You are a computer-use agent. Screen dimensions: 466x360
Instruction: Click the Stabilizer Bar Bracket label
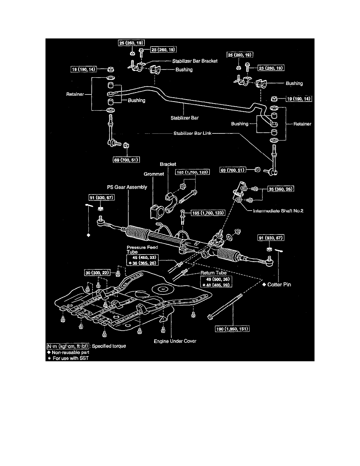pos(195,61)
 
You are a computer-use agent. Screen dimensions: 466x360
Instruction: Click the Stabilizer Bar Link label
pos(193,133)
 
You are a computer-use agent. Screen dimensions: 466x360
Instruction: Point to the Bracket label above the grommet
pos(168,164)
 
